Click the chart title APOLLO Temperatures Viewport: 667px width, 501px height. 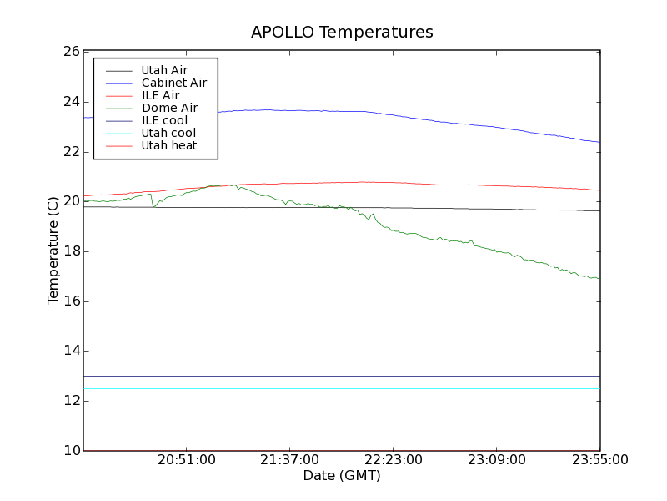pos(342,33)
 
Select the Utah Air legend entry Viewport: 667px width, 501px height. pos(164,70)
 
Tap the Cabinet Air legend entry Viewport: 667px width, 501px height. pos(173,83)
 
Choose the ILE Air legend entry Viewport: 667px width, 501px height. pos(160,95)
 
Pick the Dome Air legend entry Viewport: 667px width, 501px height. pos(169,108)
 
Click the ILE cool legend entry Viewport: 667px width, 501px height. pos(164,120)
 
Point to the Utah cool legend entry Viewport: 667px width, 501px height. pos(168,133)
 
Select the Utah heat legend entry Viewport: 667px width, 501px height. pos(169,145)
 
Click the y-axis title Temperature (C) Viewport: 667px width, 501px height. pos(53,250)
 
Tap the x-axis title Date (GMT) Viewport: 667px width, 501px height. pos(342,476)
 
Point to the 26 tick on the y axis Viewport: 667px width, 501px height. pos(71,52)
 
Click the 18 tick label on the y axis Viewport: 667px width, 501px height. pos(71,251)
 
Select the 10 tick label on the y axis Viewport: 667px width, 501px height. pos(71,451)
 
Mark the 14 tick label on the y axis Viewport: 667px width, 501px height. pos(71,351)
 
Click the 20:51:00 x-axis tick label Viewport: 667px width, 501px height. pos(186,460)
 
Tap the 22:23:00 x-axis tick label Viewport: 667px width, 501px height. pos(393,460)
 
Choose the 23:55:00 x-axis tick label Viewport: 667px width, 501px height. pos(599,460)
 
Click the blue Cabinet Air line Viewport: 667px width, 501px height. pos(417,118)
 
